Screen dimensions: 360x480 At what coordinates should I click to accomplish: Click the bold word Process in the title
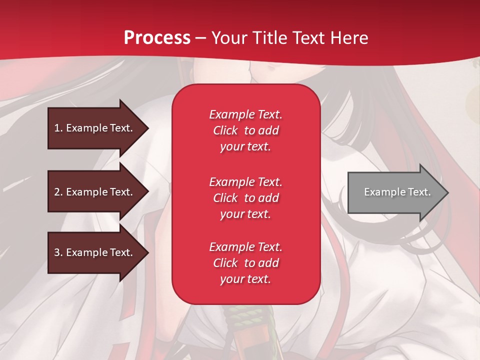tap(157, 38)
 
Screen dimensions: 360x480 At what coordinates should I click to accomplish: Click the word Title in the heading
tap(269, 38)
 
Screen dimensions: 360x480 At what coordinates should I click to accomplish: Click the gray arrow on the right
tap(395, 192)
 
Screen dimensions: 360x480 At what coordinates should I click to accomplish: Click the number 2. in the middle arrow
tap(58, 192)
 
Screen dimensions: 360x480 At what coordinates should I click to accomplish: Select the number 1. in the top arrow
tap(58, 128)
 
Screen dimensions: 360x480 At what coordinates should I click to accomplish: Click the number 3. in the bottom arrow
tap(58, 252)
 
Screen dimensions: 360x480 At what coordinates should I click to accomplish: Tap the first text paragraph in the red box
tap(245, 130)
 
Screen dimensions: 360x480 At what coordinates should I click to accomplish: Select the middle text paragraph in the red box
tap(245, 198)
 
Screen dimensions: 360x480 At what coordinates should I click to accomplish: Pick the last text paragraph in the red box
tap(245, 263)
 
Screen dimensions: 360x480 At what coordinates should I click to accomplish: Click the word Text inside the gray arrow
tap(419, 192)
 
